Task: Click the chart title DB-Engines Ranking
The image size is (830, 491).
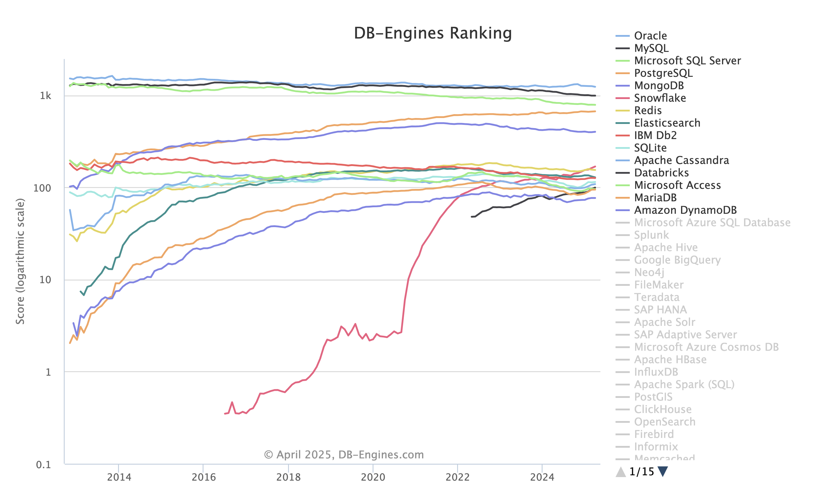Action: click(433, 33)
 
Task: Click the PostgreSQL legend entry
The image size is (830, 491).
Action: click(663, 73)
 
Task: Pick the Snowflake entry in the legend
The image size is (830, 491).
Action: click(659, 98)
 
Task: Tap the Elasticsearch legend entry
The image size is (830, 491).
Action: click(667, 123)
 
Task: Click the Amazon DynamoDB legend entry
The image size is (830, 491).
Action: click(685, 210)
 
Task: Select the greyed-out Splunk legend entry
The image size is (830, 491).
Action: click(651, 235)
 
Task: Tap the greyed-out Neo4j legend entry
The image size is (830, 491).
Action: click(649, 272)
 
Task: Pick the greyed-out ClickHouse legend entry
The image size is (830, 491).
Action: click(662, 409)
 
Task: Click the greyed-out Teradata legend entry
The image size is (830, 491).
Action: click(656, 297)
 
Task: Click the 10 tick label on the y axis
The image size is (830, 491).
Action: click(45, 280)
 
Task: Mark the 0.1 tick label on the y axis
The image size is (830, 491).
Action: click(43, 465)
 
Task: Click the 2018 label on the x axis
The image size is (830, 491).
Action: click(288, 477)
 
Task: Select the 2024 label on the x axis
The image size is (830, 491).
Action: click(542, 477)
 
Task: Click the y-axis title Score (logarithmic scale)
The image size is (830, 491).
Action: click(20, 262)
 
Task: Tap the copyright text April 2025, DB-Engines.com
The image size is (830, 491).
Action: click(344, 455)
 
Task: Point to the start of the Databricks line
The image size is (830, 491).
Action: click(472, 217)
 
